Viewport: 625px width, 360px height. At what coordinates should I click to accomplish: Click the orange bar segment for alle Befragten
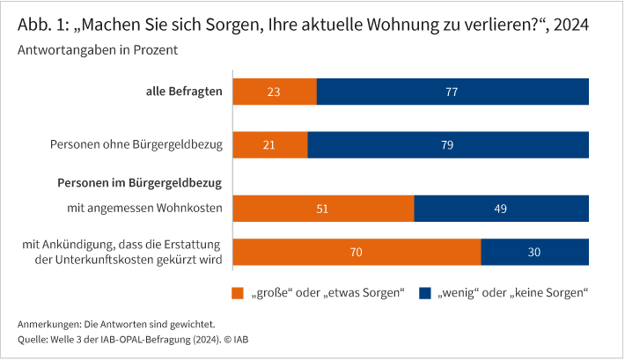pyautogui.click(x=275, y=92)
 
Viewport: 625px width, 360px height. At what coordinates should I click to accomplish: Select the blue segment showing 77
pyautogui.click(x=452, y=92)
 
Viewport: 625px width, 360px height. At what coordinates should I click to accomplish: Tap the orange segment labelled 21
pyautogui.click(x=270, y=144)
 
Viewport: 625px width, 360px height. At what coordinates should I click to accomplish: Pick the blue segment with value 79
pyautogui.click(x=448, y=144)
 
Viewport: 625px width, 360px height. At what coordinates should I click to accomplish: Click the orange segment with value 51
pyautogui.click(x=323, y=209)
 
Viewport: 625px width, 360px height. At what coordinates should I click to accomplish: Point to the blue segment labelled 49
pyautogui.click(x=501, y=209)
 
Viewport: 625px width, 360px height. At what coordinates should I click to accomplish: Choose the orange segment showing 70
pyautogui.click(x=357, y=251)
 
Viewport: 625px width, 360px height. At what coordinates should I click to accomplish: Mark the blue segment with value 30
pyautogui.click(x=535, y=251)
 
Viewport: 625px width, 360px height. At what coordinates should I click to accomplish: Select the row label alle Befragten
pyautogui.click(x=183, y=91)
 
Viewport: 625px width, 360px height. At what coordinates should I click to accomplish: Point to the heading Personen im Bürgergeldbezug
pyautogui.click(x=138, y=183)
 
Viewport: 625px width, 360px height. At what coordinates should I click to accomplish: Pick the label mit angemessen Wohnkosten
pyautogui.click(x=144, y=209)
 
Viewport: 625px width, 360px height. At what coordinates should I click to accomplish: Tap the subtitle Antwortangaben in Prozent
pyautogui.click(x=98, y=50)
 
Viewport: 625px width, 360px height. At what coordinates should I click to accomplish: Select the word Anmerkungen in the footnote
pyautogui.click(x=46, y=323)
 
